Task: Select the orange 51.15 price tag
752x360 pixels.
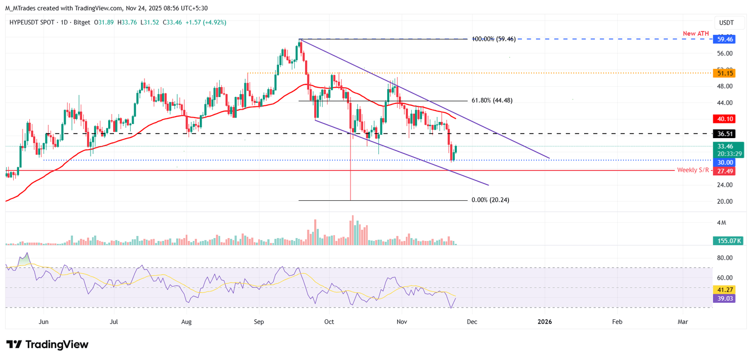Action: (724, 73)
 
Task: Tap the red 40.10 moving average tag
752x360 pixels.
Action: (724, 119)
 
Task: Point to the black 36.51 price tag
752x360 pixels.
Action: (724, 133)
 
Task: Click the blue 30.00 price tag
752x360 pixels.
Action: (724, 162)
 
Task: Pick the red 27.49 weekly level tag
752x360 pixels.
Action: (724, 170)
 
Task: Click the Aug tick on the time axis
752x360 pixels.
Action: (187, 322)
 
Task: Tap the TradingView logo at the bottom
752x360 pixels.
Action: (47, 344)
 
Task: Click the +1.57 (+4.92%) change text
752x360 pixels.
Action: (206, 23)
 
